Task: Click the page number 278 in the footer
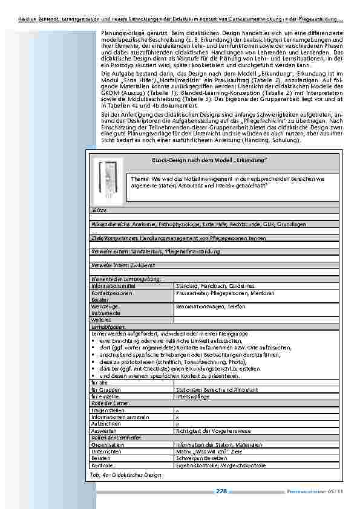tap(221, 491)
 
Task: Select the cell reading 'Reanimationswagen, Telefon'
tap(211, 306)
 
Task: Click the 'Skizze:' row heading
tap(99, 209)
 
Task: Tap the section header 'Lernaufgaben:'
tap(108, 326)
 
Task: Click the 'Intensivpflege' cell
tap(192, 397)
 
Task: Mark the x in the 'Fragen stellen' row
tap(177, 410)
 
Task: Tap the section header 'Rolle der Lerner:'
tap(111, 403)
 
